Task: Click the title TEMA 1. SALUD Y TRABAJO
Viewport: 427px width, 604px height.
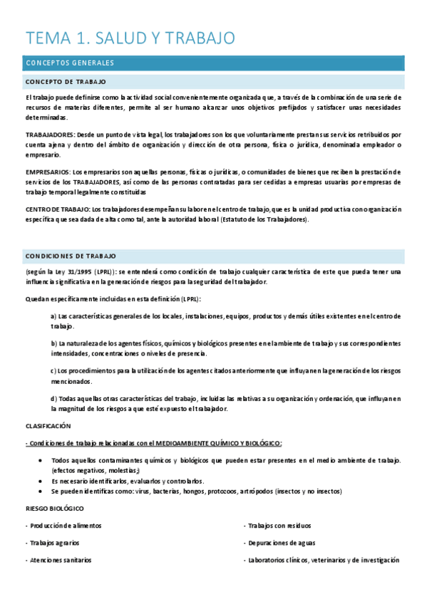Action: coord(130,38)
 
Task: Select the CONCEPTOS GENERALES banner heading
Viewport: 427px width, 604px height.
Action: coord(69,63)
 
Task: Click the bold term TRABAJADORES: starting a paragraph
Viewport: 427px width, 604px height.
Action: coord(50,134)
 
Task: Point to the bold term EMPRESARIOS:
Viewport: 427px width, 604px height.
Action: coord(48,172)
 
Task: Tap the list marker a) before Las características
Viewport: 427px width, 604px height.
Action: coord(54,316)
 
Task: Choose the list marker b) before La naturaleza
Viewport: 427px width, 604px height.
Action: coord(54,343)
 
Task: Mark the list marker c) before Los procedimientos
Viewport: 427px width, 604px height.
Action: coord(54,370)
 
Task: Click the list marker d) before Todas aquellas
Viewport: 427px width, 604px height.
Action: coord(54,398)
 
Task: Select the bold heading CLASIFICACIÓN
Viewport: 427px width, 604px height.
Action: coord(48,425)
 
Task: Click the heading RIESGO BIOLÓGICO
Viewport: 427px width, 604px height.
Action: coord(54,509)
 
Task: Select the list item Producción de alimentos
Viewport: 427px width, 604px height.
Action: coord(66,526)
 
